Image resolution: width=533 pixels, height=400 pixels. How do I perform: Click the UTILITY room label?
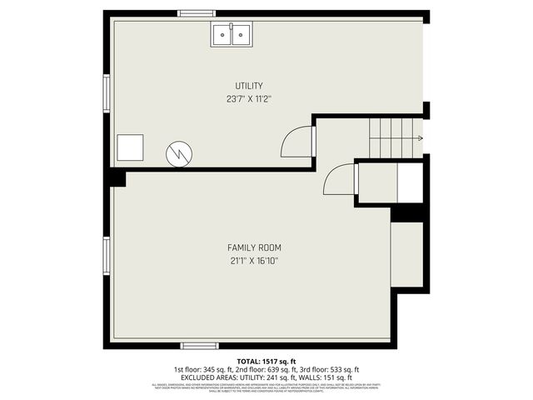click(x=249, y=86)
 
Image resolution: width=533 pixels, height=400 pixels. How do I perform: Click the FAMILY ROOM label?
click(x=254, y=247)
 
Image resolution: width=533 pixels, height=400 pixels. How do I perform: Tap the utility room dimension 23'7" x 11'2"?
click(x=249, y=98)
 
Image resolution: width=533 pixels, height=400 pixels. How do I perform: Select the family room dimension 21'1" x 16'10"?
click(x=254, y=261)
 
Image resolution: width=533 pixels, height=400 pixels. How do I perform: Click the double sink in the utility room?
click(x=231, y=34)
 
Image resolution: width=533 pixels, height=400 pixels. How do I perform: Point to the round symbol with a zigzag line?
click(x=179, y=152)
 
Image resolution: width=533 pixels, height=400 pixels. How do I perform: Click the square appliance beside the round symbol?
click(x=130, y=148)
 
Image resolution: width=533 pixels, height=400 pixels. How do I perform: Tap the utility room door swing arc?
click(x=297, y=142)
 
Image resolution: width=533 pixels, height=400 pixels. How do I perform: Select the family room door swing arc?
click(x=340, y=179)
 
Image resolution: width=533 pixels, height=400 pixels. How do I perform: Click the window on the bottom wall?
click(x=200, y=345)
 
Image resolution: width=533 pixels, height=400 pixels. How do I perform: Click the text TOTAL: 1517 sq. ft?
click(x=266, y=361)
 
